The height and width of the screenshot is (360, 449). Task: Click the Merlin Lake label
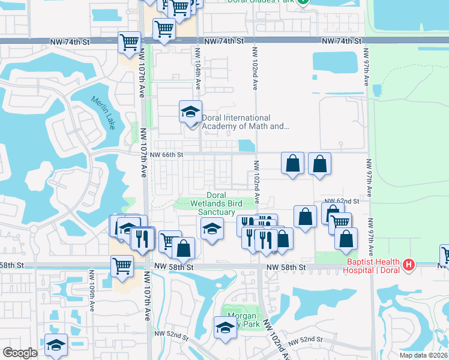[x=106, y=107]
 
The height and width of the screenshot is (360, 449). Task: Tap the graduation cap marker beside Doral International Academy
[x=191, y=113]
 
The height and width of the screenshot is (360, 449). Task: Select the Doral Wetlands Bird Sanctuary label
[x=212, y=203]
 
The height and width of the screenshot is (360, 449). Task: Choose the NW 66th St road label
[x=167, y=154]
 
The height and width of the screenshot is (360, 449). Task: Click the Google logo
[x=20, y=352]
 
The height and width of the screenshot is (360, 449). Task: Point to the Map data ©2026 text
[x=423, y=355]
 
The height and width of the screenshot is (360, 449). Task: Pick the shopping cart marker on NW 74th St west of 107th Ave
[x=129, y=42]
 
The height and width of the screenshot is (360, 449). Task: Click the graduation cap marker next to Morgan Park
[x=224, y=328]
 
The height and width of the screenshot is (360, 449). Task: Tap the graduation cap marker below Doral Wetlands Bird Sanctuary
[x=211, y=229]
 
